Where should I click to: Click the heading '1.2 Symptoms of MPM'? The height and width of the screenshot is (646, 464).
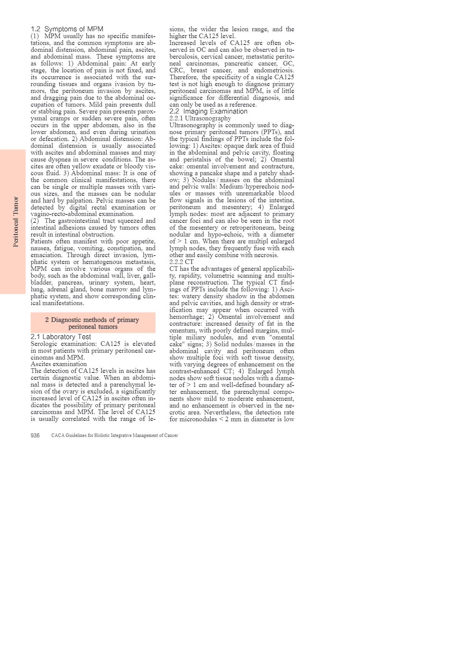[67, 29]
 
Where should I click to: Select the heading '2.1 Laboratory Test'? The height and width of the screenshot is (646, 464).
[61, 337]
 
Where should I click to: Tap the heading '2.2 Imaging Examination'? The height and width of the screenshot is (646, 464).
[208, 111]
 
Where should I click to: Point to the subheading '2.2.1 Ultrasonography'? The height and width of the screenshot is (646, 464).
[200, 118]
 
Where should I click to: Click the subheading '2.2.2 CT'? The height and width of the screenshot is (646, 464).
[181, 262]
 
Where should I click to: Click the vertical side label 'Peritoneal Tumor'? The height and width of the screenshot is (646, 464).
[16, 222]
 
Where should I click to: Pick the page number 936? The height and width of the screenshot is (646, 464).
[35, 435]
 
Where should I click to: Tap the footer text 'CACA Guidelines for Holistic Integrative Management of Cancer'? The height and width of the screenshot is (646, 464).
[115, 435]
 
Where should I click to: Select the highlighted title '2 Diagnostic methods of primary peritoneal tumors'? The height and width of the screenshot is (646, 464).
[93, 323]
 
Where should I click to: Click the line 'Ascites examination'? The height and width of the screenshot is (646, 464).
[59, 364]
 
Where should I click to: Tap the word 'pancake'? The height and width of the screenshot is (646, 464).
[211, 173]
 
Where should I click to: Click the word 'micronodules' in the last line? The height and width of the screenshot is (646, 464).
[198, 419]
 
